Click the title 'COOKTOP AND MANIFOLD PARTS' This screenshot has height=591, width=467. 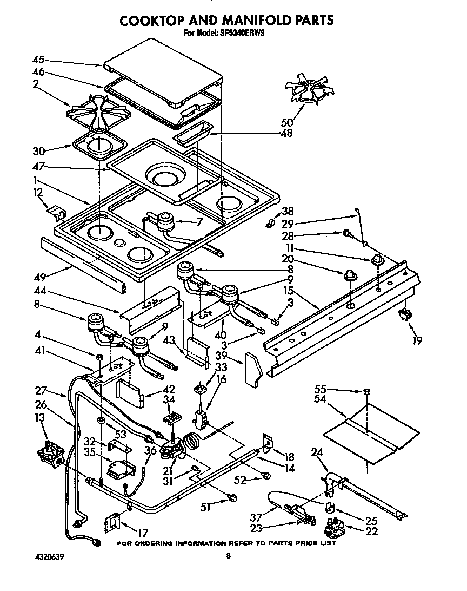pos(226,20)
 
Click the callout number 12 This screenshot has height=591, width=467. pos(37,192)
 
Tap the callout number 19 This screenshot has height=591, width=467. pos(417,340)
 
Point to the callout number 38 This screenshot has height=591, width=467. pos(288,212)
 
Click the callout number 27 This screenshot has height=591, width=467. pos(42,391)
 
